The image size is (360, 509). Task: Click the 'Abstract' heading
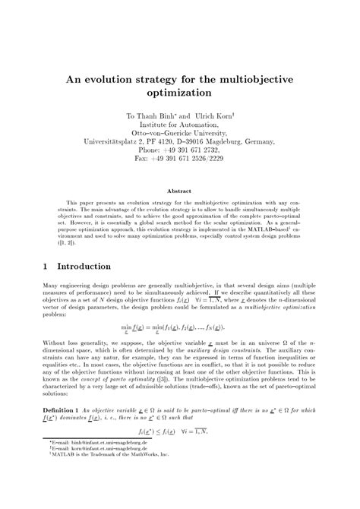click(179, 191)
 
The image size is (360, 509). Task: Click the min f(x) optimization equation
click(179, 327)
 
